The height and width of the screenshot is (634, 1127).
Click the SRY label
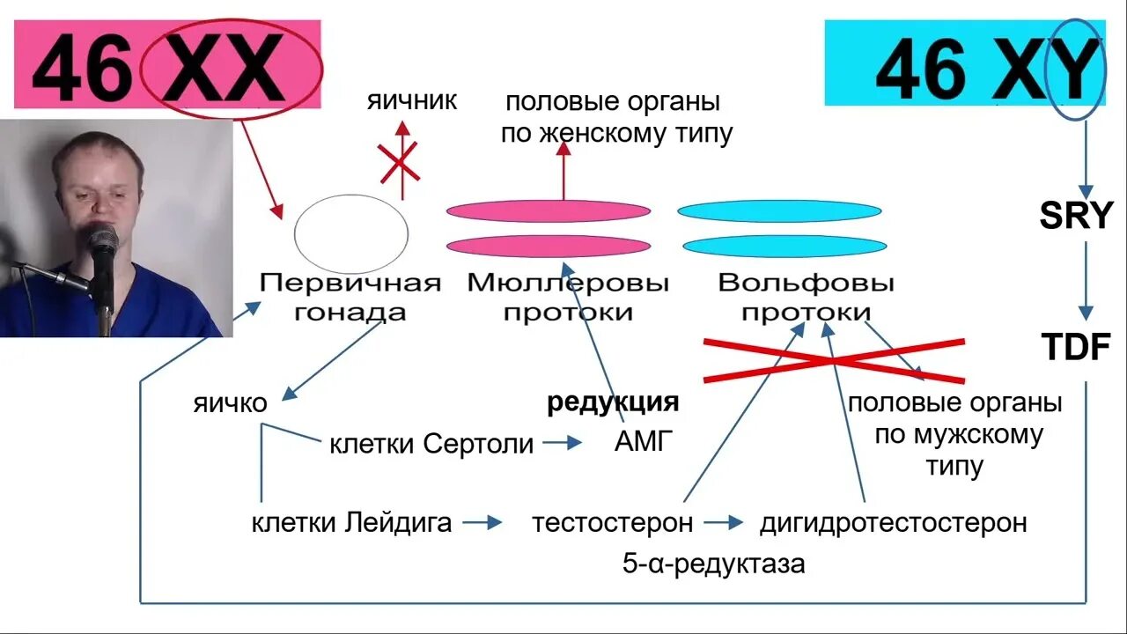click(1076, 216)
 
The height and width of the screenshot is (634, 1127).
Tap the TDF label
click(1076, 348)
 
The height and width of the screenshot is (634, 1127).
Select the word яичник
click(412, 100)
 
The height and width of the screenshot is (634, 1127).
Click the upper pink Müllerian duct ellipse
click(548, 211)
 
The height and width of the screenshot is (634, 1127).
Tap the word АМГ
click(644, 442)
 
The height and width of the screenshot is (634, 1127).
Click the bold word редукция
click(613, 402)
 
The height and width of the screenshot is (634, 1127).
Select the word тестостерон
click(612, 522)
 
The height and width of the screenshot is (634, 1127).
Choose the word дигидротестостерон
click(893, 522)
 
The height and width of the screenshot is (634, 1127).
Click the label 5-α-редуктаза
click(713, 564)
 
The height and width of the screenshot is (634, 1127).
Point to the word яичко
click(230, 403)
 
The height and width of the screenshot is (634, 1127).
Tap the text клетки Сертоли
click(431, 444)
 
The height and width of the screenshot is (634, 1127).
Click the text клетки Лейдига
click(351, 523)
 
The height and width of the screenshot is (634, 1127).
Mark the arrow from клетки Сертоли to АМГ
click(563, 443)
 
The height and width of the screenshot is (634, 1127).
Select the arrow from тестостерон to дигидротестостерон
click(724, 522)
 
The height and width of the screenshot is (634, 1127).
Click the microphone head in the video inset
click(101, 240)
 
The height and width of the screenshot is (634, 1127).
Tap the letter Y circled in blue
click(1078, 68)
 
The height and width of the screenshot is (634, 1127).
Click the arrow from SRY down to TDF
click(1086, 280)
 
